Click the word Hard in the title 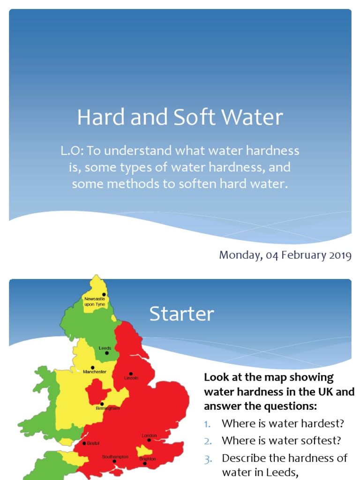(x=101, y=117)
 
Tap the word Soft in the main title (x=195, y=117)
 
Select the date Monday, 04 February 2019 (x=285, y=255)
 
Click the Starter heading (x=181, y=314)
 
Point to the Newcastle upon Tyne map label (x=95, y=301)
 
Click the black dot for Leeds (x=107, y=353)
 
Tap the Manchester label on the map (x=95, y=372)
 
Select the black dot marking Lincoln (x=131, y=374)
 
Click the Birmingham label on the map (x=107, y=408)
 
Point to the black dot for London (x=149, y=440)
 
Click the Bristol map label (x=93, y=443)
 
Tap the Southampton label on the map (x=115, y=457)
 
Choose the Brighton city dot (x=145, y=464)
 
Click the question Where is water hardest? (x=283, y=424)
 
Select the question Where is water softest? (x=281, y=441)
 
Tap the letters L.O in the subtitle (x=72, y=150)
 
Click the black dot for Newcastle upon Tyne (x=104, y=294)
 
